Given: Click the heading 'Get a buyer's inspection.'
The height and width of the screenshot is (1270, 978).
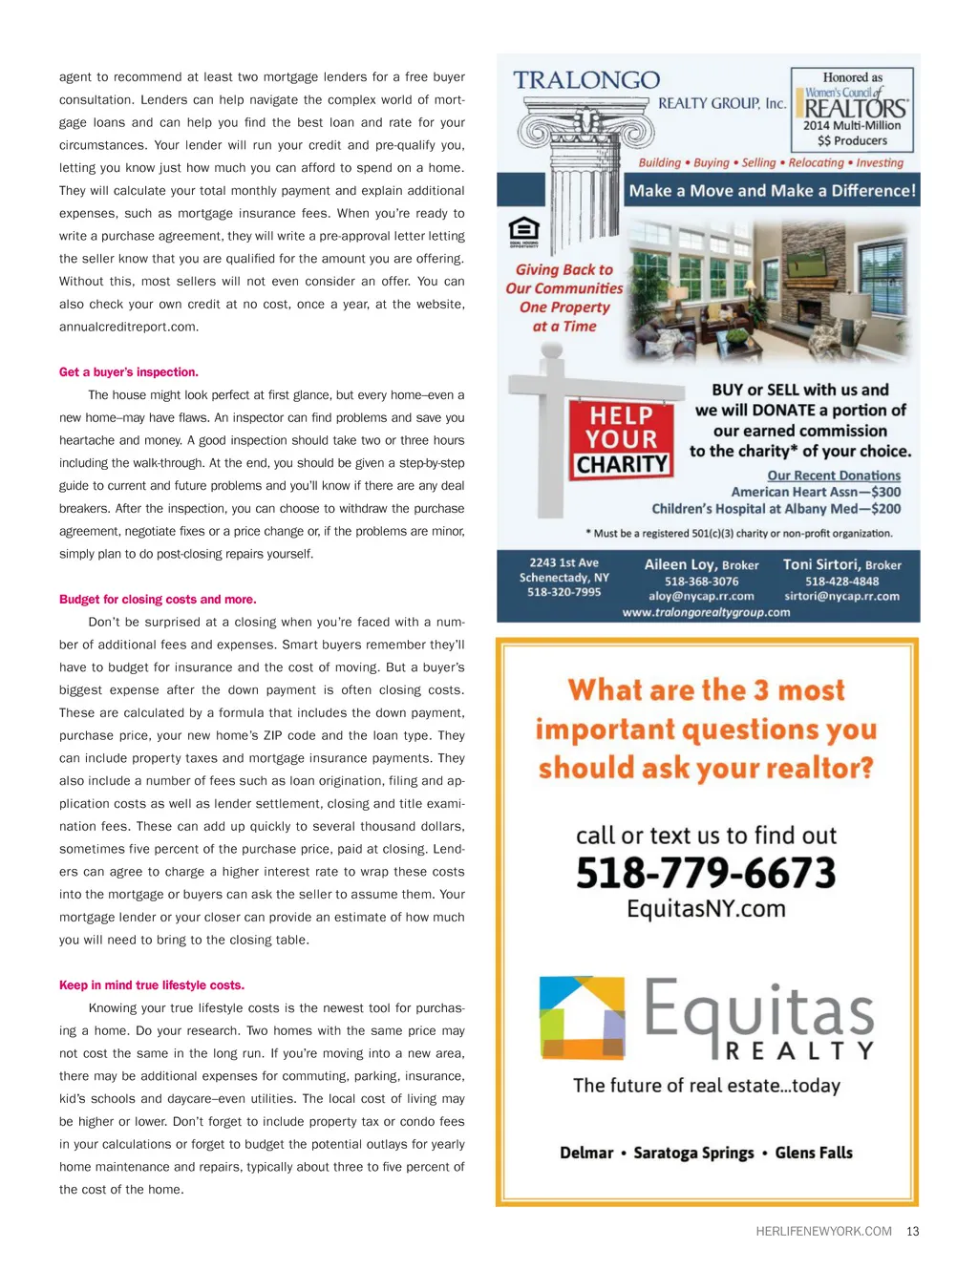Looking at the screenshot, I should pos(129,372).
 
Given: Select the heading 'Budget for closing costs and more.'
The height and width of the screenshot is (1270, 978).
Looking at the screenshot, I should pos(158,600).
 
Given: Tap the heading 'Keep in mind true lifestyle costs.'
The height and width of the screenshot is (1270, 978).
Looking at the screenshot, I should pos(152,985).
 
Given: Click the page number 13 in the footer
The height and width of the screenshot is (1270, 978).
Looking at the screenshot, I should pos(913,1232).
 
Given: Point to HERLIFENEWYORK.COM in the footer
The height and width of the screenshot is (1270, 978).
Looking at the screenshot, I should pos(823,1232).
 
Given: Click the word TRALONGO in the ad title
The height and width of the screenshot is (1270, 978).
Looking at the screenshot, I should pos(586,80).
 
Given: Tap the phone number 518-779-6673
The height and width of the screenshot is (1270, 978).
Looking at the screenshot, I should pos(706,873).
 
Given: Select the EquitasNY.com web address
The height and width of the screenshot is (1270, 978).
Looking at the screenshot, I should pos(706,909).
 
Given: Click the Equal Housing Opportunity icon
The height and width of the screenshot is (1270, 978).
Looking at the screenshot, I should pos(523,230).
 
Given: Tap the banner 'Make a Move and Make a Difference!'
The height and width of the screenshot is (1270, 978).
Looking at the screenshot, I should pos(772,190).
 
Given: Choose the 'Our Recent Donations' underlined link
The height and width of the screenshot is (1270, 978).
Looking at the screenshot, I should pos(834,476).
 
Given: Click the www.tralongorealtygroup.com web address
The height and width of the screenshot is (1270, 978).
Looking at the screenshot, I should pos(706,612).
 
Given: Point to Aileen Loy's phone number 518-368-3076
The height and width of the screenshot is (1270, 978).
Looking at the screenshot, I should pos(701,582).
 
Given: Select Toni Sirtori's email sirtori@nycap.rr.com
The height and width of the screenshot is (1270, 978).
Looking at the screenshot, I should pos(841,596).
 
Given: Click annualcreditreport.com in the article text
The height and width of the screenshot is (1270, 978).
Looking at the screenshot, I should pos(129,327).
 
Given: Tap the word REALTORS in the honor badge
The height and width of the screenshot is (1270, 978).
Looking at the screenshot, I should pos(855,109).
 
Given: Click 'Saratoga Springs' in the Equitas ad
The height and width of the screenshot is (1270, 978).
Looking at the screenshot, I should pos(693,1153).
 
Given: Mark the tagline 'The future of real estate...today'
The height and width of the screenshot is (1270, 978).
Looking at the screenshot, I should pos(707,1086).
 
